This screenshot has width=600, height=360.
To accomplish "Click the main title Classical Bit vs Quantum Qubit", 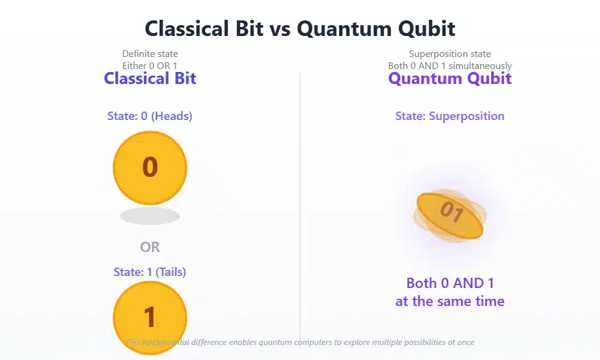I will tap(300, 28).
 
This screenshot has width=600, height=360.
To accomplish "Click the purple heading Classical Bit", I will tap(150, 79).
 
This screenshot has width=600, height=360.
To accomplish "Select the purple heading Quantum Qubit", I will tap(450, 79).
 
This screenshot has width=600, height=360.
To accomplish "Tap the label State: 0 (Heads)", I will tap(150, 116).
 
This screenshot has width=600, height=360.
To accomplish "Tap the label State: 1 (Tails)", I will tap(150, 272).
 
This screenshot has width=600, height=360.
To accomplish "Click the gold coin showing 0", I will tap(150, 167).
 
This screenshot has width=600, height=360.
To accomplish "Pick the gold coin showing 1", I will tap(150, 317).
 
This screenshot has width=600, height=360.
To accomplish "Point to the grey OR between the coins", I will tap(150, 247).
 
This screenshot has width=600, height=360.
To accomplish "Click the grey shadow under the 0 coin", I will tap(150, 216).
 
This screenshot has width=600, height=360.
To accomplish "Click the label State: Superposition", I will tap(450, 116).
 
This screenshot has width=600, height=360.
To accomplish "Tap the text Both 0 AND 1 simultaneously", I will tap(450, 65).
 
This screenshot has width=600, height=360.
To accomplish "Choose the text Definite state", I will tap(150, 54).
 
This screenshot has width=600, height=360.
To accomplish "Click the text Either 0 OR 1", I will tap(150, 65).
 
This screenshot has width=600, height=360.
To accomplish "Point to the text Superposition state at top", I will tap(450, 54).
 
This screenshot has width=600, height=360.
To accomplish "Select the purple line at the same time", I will tap(450, 301).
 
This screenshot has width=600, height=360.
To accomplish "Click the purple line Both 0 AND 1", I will tap(450, 283).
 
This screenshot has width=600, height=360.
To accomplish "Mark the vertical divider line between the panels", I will tap(300, 204).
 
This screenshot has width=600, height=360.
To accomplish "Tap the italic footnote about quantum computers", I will tap(300, 342).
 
